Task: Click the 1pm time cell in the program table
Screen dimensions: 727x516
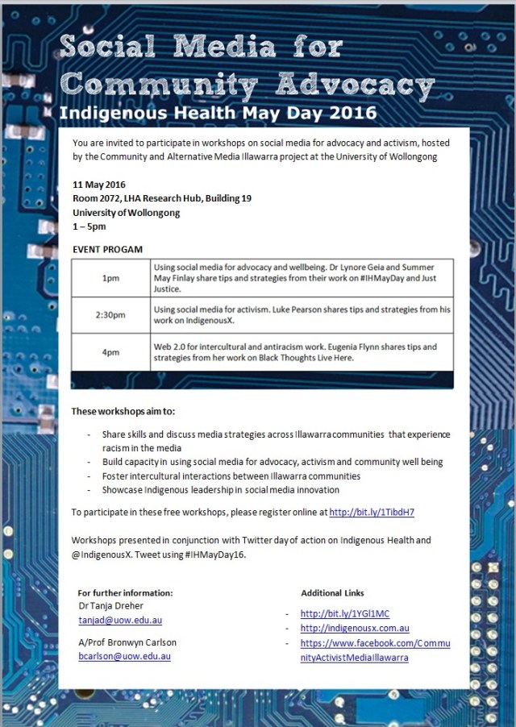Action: coord(110,277)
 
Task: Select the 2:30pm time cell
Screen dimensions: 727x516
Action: coord(110,315)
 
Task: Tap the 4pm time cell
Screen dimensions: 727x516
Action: coord(110,352)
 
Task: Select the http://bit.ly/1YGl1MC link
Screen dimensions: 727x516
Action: coord(344,614)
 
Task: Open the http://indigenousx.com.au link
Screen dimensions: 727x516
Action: coord(355,629)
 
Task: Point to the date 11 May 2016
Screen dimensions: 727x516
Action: coord(98,185)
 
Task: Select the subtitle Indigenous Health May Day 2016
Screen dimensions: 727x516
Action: coord(218,111)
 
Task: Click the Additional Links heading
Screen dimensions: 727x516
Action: coord(332,592)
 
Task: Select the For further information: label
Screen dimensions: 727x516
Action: coord(125,592)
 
